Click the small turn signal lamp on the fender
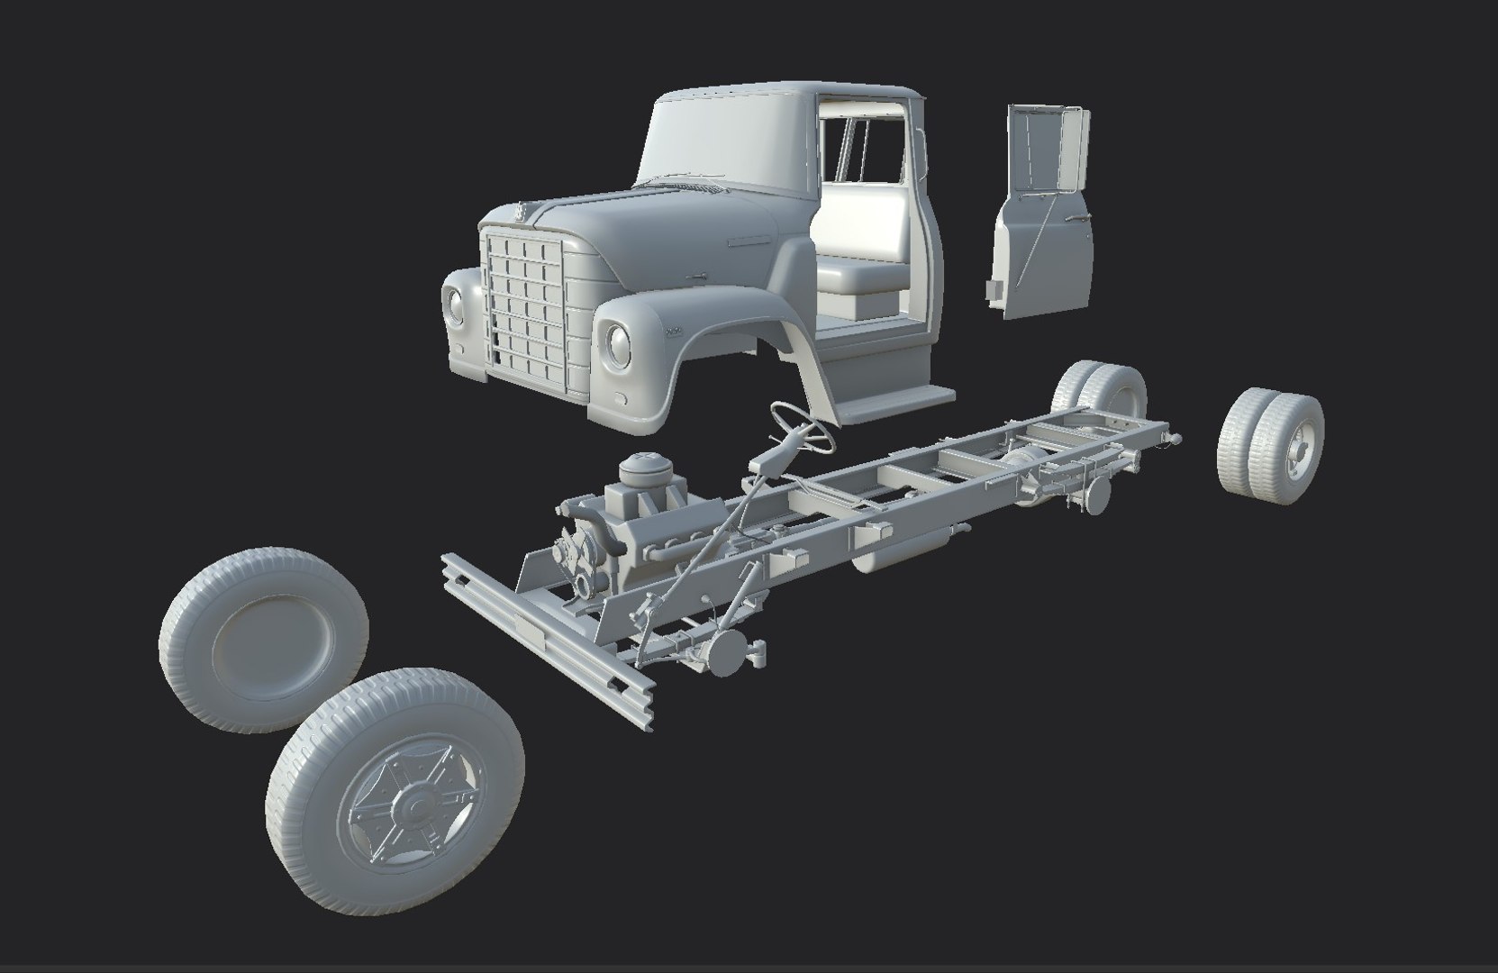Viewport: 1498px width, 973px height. (x=621, y=397)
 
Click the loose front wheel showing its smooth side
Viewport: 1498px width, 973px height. (x=264, y=638)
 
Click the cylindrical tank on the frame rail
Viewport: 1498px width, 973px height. (x=901, y=550)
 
